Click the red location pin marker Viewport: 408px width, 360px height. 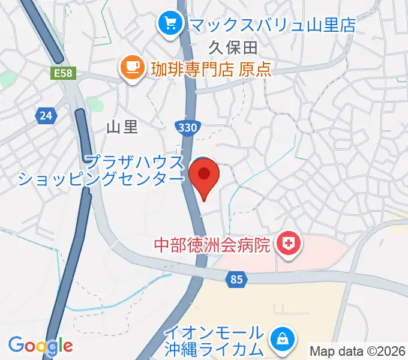point(204,176)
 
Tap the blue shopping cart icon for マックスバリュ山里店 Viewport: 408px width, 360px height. point(170,24)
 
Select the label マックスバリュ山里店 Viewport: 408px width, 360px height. point(272,25)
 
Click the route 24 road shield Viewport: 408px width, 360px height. point(46,115)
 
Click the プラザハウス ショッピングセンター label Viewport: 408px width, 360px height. point(100,170)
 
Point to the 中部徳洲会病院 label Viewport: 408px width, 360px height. point(212,245)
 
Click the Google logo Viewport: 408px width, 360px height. point(40,345)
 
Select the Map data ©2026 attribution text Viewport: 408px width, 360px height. point(357,352)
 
